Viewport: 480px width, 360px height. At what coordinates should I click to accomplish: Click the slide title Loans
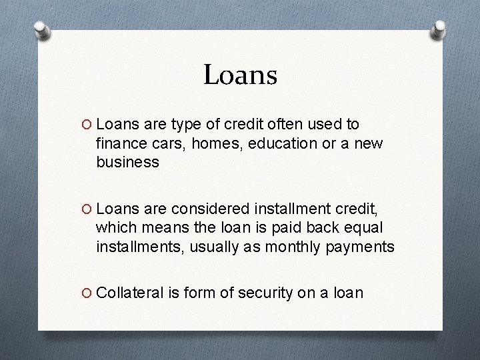240,75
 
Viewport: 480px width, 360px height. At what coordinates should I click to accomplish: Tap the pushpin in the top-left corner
41,30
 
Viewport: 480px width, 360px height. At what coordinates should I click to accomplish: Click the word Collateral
129,293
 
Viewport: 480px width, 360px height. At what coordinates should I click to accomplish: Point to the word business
127,162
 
